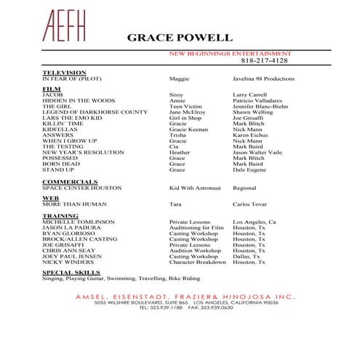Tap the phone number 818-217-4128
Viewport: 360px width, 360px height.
click(260, 60)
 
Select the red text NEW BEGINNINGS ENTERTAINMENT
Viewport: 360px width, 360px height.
click(230, 53)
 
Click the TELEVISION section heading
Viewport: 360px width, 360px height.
click(65, 72)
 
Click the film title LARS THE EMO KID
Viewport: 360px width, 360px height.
click(71, 118)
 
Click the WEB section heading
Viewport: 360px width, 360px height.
click(50, 197)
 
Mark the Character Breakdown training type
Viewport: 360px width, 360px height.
click(197, 262)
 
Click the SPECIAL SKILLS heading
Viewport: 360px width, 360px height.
click(71, 272)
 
